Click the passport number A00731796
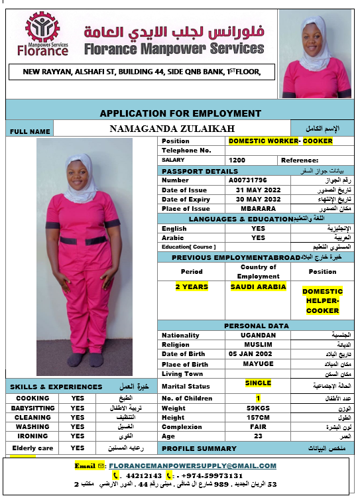pyautogui.click(x=248, y=180)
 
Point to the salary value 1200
pyautogui.click(x=237, y=160)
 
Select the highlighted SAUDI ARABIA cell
pyautogui.click(x=258, y=287)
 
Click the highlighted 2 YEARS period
pyautogui.click(x=192, y=287)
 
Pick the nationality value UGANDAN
pyautogui.click(x=258, y=335)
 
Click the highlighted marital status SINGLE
pyautogui.click(x=258, y=383)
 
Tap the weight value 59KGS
pyautogui.click(x=258, y=408)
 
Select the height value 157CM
pyautogui.click(x=258, y=418)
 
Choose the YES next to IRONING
pyautogui.click(x=78, y=436)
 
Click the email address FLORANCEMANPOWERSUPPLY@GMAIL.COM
pyautogui.click(x=193, y=466)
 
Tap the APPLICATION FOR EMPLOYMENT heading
pyautogui.click(x=180, y=113)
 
